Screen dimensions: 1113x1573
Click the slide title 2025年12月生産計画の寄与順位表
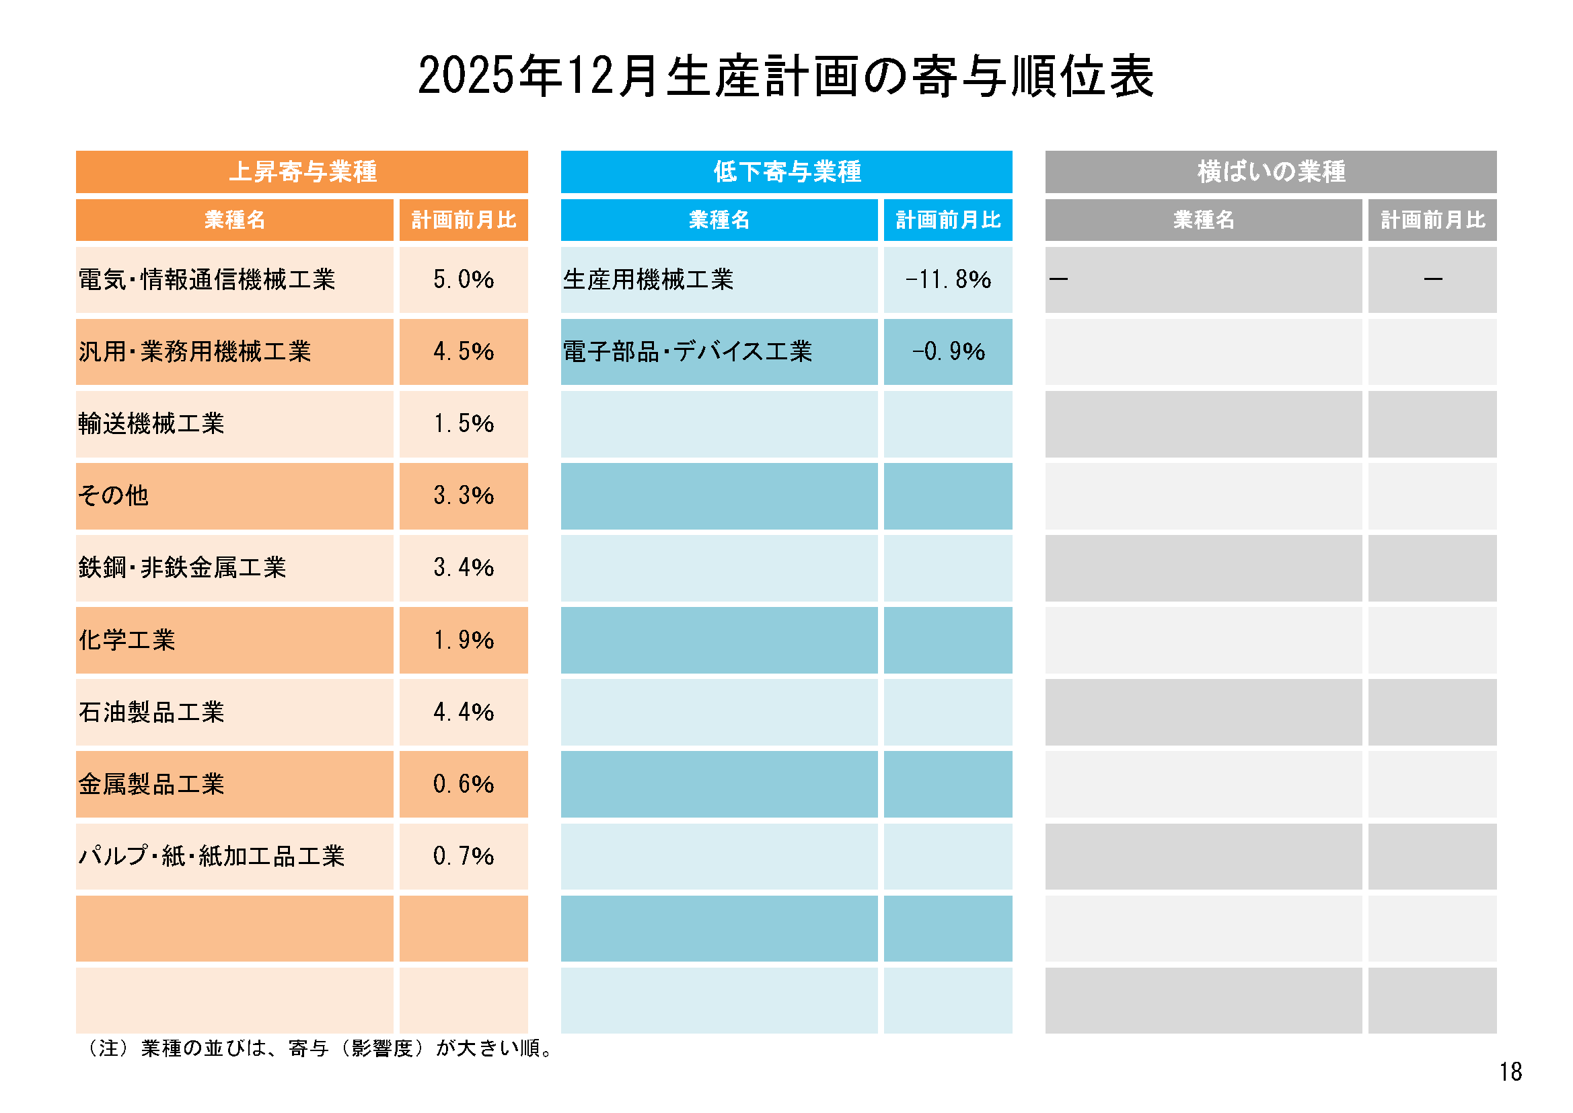(x=786, y=75)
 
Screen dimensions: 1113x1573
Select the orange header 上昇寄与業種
(x=302, y=172)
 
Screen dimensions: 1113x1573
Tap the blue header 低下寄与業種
(x=786, y=172)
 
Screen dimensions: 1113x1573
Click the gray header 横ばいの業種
(x=1271, y=172)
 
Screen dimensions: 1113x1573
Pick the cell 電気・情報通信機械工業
(x=207, y=280)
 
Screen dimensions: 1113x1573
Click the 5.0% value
(x=463, y=280)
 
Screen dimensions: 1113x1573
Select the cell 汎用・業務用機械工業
(x=195, y=351)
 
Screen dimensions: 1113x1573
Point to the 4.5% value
(x=463, y=351)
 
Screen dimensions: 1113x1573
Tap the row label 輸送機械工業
(x=151, y=423)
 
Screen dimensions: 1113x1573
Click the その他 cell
(x=114, y=495)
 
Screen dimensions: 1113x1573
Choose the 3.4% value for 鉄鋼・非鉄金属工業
(x=463, y=567)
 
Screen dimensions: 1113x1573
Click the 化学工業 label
(x=127, y=640)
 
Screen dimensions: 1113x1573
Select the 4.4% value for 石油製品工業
(x=463, y=712)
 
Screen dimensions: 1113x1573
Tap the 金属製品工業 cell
(x=151, y=784)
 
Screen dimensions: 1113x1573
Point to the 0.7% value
(x=463, y=856)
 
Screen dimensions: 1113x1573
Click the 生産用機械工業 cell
(x=648, y=280)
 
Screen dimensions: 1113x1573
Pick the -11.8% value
(x=948, y=280)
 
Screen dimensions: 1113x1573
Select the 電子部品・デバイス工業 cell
(x=687, y=351)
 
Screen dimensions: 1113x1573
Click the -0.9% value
(x=948, y=351)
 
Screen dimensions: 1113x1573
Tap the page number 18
(x=1510, y=1072)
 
